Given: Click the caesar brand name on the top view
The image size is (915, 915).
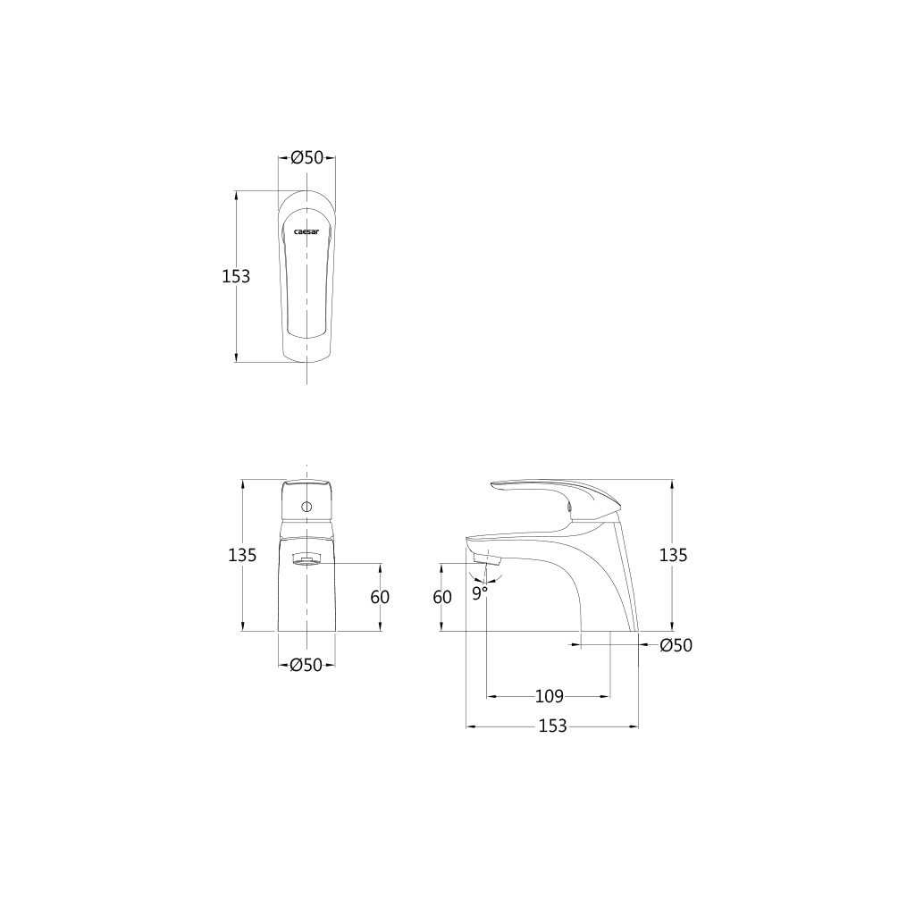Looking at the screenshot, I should coord(306,231).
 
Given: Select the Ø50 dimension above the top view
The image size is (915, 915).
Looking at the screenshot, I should coord(306,158).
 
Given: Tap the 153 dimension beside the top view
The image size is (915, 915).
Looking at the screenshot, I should coord(236,276).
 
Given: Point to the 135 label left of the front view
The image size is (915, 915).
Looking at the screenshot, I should coord(243,555).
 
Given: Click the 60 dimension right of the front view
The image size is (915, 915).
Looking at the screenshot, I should coord(380,597).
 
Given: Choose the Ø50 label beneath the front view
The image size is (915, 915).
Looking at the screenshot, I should coord(306,665).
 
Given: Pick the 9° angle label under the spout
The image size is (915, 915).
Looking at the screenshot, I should coord(480,592).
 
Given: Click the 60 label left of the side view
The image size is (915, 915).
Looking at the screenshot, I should coord(442,597).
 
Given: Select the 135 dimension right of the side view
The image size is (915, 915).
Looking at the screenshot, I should coord(673,555).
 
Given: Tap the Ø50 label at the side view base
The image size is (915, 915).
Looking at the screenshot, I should coord(676,646).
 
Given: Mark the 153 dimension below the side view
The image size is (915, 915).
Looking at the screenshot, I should coord(552,726).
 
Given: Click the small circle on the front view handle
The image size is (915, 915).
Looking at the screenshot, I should coord(306,508).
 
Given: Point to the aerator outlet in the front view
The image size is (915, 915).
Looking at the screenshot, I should coord(306,560).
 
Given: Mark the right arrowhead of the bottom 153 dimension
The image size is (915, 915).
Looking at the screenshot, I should coord(635,726).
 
